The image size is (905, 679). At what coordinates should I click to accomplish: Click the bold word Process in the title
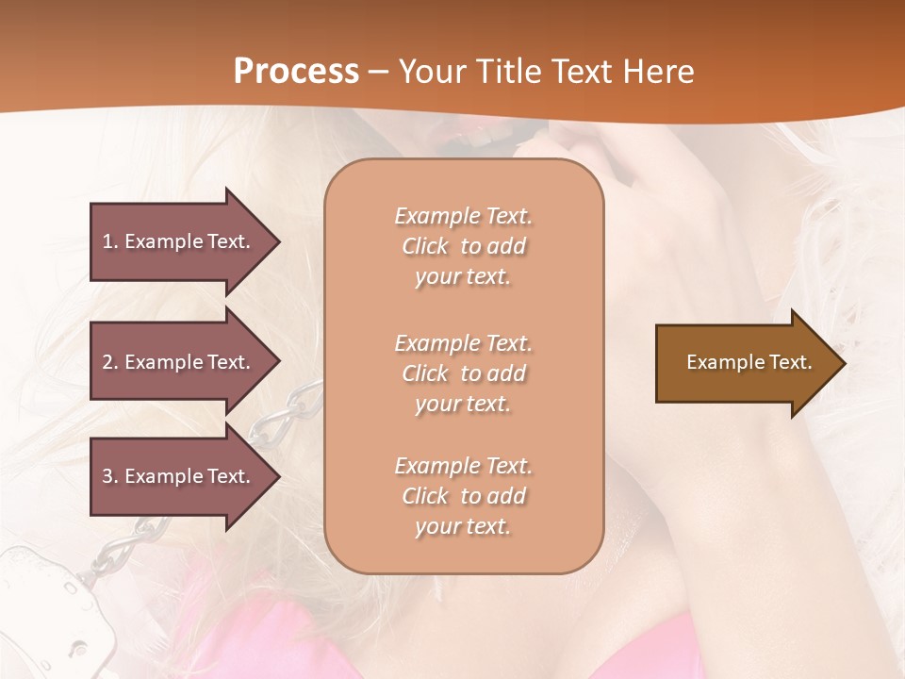pos(296,72)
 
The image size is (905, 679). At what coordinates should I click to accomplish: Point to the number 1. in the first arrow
pos(110,241)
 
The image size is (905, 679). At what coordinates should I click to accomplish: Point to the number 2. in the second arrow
pos(110,362)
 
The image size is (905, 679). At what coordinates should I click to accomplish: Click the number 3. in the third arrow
pos(110,476)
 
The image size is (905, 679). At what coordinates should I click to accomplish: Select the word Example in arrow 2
pos(165,362)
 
